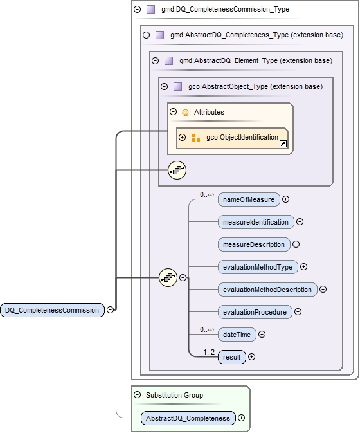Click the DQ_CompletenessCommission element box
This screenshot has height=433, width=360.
pos(53,310)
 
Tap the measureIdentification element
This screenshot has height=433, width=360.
pos(256,222)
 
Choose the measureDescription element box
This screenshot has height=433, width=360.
pos(254,244)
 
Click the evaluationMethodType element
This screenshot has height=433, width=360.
pos(258,267)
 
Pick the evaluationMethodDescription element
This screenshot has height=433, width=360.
pos(267,290)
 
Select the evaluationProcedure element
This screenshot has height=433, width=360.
pos(255,312)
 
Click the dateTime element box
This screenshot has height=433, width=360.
pos(237,335)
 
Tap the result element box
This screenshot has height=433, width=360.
pos(232,356)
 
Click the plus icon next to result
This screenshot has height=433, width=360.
pos(252,356)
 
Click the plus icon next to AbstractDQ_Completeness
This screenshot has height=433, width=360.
pos(242,418)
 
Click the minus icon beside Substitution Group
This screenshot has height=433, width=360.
pos(137,395)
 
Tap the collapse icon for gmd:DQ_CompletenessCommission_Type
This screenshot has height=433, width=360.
pos(137,10)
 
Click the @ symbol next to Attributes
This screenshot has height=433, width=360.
pos(185,112)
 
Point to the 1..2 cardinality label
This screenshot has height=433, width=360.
pos(209,352)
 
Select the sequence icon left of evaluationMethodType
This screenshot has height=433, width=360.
pos(168,278)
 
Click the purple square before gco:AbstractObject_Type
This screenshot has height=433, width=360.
pos(177,86)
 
